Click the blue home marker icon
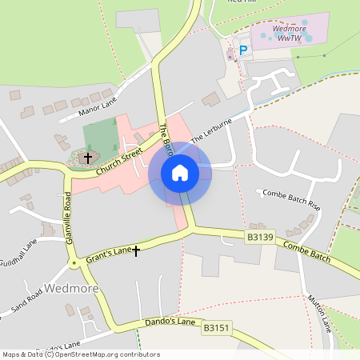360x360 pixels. [179, 173]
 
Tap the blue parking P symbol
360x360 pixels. [244, 50]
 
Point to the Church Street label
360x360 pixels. [118, 161]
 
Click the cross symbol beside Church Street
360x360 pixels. [89, 158]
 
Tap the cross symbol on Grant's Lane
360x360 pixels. [136, 250]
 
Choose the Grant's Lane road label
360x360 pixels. [109, 253]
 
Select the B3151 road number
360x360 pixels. [217, 327]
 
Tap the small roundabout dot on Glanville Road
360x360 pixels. [74, 262]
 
